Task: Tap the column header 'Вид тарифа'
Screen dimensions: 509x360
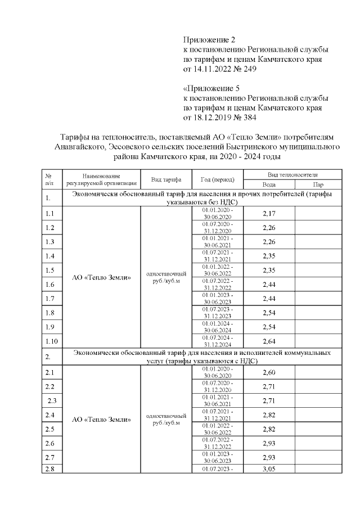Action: pyautogui.click(x=166, y=179)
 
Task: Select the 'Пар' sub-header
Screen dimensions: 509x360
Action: pyautogui.click(x=318, y=184)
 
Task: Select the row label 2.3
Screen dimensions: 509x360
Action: pyautogui.click(x=53, y=400)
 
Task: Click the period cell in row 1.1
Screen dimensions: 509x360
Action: pyautogui.click(x=217, y=213)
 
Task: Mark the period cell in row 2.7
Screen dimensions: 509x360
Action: pyautogui.click(x=217, y=457)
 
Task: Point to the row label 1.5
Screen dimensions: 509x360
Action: pyautogui.click(x=49, y=270)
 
